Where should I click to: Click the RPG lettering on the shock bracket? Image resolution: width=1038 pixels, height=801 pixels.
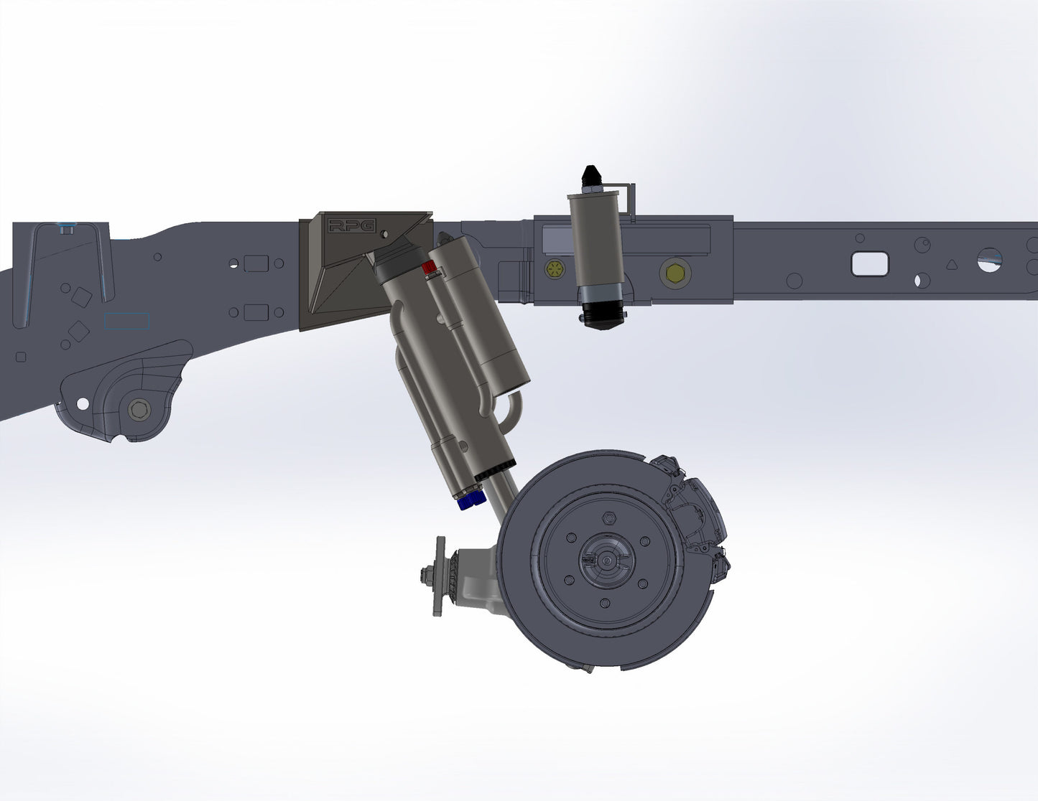pos(351,226)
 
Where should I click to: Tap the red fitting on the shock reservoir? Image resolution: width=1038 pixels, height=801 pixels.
pos(429,268)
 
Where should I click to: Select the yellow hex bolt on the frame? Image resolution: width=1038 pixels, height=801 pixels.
pos(675,272)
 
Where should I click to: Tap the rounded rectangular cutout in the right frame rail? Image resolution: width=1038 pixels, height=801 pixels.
pos(869,263)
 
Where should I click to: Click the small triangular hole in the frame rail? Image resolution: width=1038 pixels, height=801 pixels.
pos(951,264)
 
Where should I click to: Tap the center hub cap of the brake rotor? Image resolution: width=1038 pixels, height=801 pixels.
pos(606,559)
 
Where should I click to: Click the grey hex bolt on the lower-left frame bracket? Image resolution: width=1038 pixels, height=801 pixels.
pos(138,411)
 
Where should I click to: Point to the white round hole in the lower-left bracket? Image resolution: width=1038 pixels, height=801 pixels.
pos(83,404)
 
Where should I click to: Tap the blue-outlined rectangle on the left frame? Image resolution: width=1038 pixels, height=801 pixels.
pos(126,321)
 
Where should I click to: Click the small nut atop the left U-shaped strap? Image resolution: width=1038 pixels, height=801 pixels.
pos(67,229)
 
